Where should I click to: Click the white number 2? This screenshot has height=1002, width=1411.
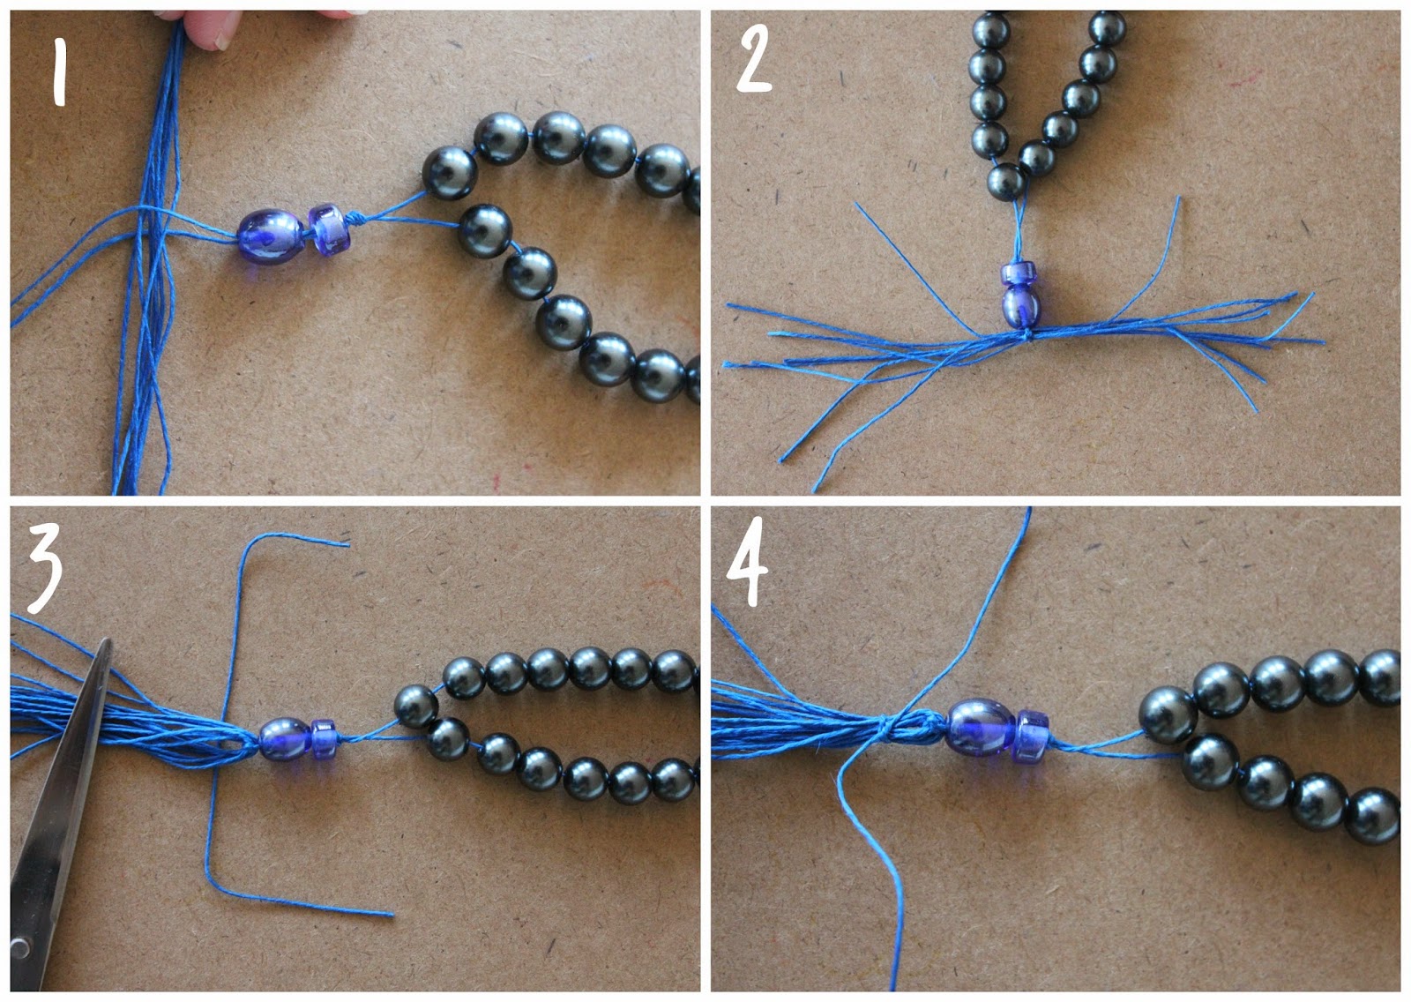click(755, 59)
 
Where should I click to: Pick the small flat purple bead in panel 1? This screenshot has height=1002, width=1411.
click(325, 227)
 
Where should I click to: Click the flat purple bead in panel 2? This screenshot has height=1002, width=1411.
click(1017, 273)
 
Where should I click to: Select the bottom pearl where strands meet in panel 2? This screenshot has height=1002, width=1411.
click(1006, 181)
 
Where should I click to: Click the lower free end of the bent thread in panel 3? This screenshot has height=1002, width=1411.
click(392, 915)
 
